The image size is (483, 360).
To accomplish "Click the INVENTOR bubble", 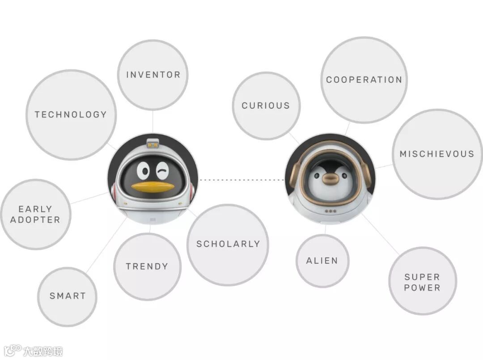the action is pos(153,75).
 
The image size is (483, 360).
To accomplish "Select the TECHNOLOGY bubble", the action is pos(71,114).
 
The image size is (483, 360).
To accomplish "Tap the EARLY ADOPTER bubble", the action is pos(35,214).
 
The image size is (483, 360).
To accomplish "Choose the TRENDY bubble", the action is pos(147,267).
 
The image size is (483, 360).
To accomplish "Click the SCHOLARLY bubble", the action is pos(228,244).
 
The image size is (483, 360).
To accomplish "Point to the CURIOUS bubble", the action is pos(266,106).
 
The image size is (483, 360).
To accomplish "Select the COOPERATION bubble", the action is pos(364,80).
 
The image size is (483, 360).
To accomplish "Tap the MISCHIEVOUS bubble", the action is pos(437,154).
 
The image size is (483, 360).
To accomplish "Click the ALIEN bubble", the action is pos(322,261).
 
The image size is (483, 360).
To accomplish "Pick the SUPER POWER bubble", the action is pos(422,282).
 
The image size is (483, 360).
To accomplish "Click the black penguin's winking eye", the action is pos(163,170).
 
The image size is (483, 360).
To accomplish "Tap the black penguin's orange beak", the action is pos(153,187).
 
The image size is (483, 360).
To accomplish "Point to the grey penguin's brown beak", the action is pos(330,178).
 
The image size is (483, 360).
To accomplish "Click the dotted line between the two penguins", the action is pos(241,180).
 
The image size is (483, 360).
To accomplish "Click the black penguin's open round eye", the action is pos(144,170).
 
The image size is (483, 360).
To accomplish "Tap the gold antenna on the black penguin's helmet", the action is pos(153,143).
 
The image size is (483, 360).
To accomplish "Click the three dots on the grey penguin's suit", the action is pos(330,211).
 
